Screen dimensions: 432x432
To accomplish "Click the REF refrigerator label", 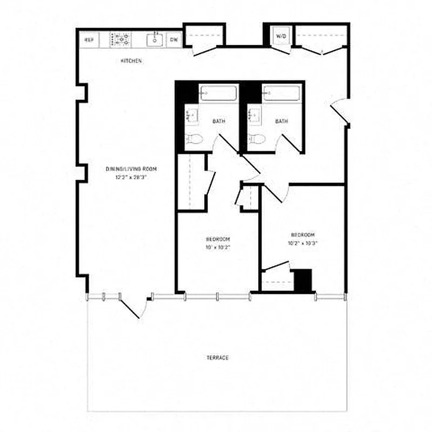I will pos(89,39).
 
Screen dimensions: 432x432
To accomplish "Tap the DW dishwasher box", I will pos(174,39).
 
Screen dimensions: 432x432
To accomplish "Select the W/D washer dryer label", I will pos(281,36).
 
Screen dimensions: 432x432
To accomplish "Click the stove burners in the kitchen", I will pos(121,39).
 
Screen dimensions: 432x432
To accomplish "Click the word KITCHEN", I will pos(131,61).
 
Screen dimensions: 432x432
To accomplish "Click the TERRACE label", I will pos(218,358).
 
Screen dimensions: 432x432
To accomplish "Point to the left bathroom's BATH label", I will pos(219,122).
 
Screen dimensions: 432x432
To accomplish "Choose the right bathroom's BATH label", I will pos(281,122).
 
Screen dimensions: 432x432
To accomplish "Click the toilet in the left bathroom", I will pos(194,139).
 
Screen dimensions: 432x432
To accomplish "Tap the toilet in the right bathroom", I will pos(257,139).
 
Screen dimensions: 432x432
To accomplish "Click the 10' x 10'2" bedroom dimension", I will pos(218,247).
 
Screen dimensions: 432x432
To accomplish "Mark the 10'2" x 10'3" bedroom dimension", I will pos(303,243).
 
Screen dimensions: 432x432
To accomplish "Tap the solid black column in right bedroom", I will pos(303,281).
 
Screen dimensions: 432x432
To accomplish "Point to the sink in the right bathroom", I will pos(252,114).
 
